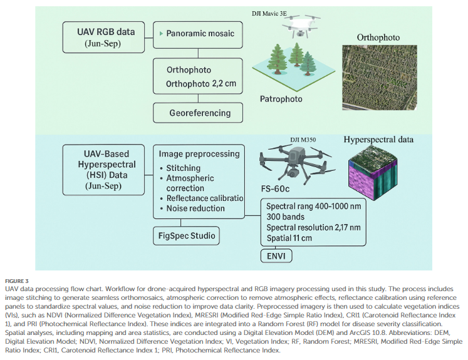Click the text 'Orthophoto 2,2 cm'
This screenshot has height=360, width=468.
(200, 83)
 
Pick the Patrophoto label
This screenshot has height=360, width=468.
(282, 99)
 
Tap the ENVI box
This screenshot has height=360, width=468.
(276, 255)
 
